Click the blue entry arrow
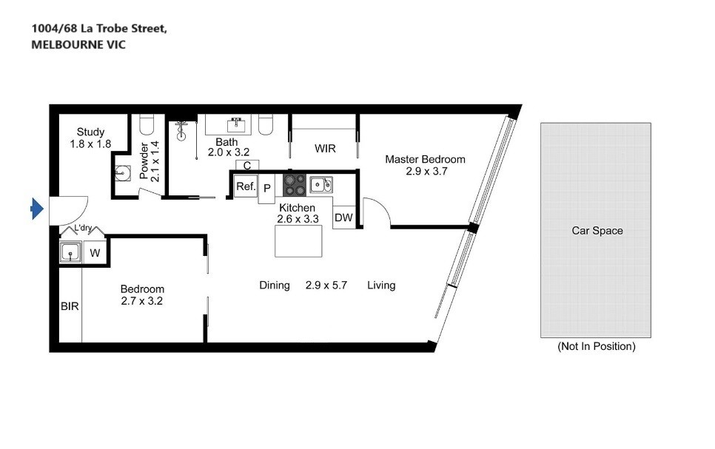(x=37, y=209)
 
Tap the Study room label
(x=90, y=132)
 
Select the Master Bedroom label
(x=425, y=159)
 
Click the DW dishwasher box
(x=344, y=217)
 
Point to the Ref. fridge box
(x=246, y=186)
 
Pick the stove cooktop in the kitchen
(x=295, y=185)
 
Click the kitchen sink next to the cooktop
(x=321, y=185)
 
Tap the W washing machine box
(x=95, y=252)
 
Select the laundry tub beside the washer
(x=70, y=252)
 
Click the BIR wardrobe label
(x=70, y=306)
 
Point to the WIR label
(x=325, y=149)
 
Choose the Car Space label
(x=597, y=231)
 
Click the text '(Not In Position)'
(x=597, y=346)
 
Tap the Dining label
(x=275, y=286)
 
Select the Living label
(x=381, y=286)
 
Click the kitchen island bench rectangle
(x=298, y=241)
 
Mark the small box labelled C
(x=247, y=166)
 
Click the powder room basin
(x=122, y=172)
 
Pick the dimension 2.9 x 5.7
(x=326, y=286)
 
